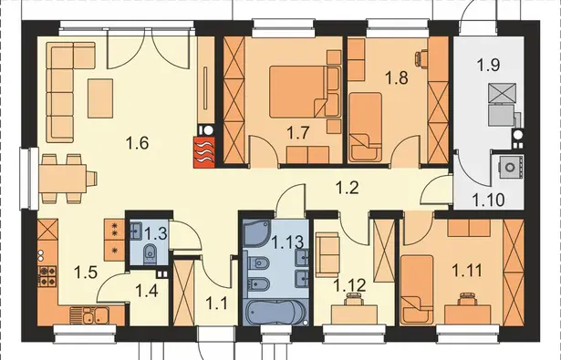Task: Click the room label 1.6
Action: pos(137,144)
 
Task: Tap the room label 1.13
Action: pos(288,242)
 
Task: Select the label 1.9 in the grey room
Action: pos(488,65)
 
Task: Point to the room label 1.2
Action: pos(347,188)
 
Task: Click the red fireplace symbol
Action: pos(204,152)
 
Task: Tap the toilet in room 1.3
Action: pos(149,252)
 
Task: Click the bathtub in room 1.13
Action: pos(275,312)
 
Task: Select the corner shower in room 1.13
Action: pos(256,233)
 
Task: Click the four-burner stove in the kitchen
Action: pos(47,276)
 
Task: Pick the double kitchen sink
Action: pos(95,315)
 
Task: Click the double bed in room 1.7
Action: pos(304,91)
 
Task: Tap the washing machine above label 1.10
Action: pos(510,167)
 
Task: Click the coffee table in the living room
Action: pos(100,98)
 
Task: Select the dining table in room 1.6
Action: pos(63,179)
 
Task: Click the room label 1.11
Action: pos(467,271)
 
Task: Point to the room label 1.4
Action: pos(147,292)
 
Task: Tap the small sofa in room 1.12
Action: pos(327,254)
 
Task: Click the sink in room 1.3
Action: pos(136,231)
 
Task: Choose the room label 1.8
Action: pos(397,77)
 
